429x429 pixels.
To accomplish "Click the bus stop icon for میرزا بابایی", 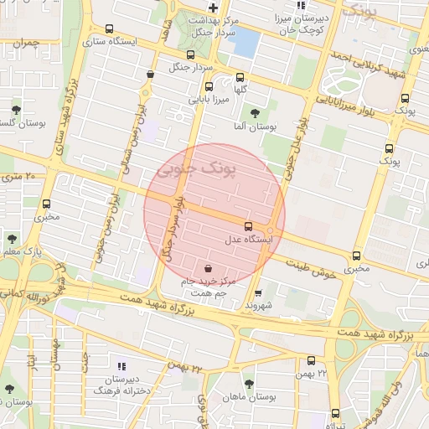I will pos(209,85).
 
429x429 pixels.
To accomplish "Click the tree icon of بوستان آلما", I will pos(255,113).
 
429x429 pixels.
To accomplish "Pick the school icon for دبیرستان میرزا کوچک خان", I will pos(301,6).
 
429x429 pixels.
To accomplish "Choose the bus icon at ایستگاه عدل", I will pos(248,226).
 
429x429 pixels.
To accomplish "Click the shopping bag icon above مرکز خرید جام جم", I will pos(207,270).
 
